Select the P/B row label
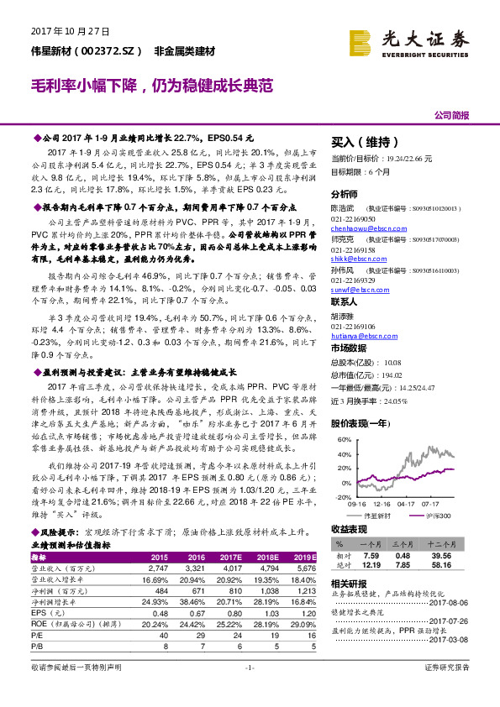[x=39, y=647]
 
